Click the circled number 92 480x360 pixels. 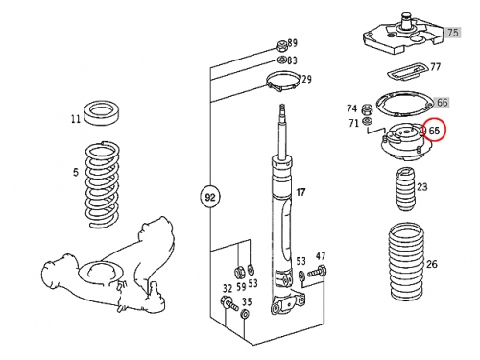pos(210,197)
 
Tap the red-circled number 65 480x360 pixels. pos(434,131)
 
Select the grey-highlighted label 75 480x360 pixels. pos(452,33)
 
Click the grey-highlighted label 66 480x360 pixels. pos(442,103)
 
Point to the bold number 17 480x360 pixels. pos(300,192)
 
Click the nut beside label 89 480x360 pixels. pos(281,46)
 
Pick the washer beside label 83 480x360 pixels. pos(282,60)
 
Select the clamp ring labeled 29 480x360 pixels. pos(283,82)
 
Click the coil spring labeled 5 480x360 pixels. pos(102,184)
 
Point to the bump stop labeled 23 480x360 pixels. pos(405,189)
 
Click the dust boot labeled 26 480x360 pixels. pos(406,262)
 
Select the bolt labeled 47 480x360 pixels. pos(317,272)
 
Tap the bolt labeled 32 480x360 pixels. pos(229,303)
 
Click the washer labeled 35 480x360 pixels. pos(245,314)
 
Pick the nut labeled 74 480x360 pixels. pos(367,109)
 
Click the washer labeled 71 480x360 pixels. pos(367,121)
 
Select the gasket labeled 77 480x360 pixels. pos(407,71)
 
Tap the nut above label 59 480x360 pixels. pos(239,272)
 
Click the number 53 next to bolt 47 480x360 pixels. pos(300,261)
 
